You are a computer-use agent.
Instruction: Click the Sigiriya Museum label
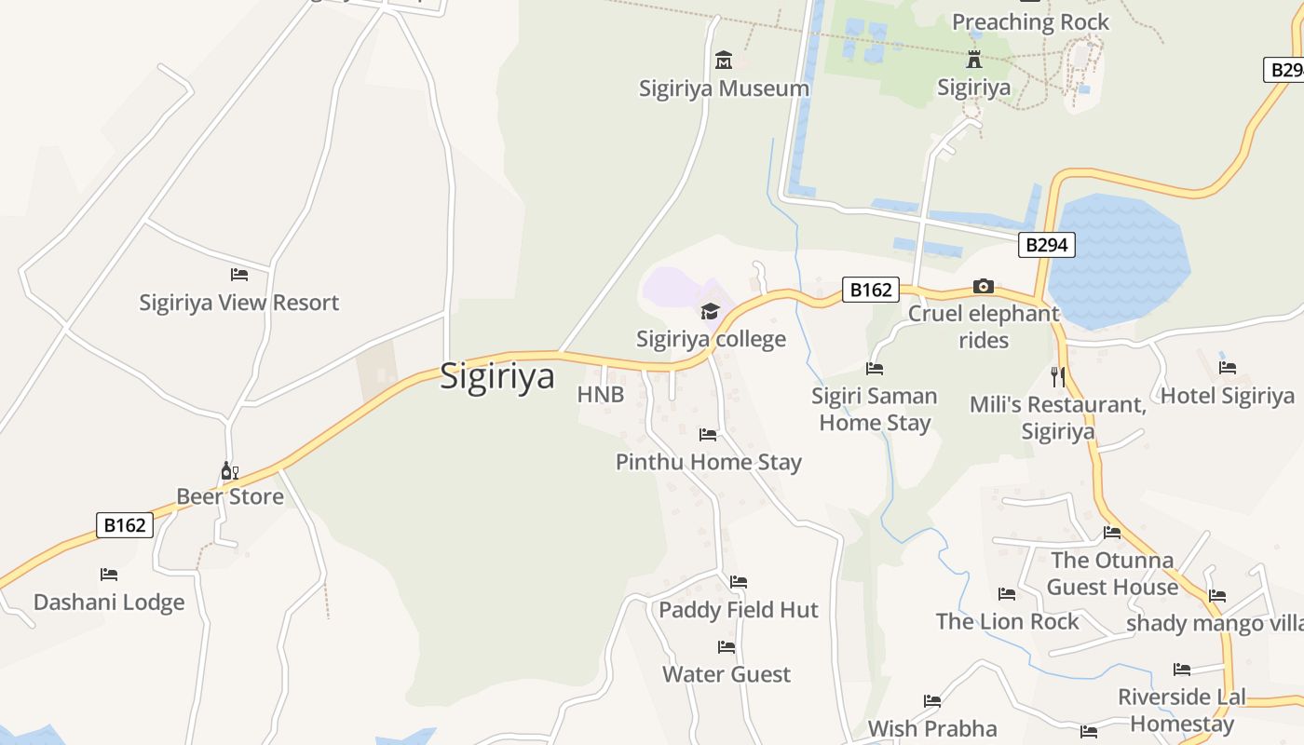(724, 88)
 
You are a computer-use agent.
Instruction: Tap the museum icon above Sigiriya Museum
(724, 61)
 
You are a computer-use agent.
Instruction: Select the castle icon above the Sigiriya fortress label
(974, 60)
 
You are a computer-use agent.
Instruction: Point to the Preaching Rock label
(1030, 22)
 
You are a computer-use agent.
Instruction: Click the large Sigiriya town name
(497, 376)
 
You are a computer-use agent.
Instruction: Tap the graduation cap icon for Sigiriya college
(711, 311)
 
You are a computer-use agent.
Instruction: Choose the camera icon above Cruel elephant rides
(984, 286)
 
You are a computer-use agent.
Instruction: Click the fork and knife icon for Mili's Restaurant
(1057, 376)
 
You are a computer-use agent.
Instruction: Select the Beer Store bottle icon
(230, 470)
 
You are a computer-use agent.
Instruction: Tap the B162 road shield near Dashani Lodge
(124, 525)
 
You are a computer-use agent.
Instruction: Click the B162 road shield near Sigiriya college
(870, 290)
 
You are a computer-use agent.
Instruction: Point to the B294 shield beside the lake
(1046, 245)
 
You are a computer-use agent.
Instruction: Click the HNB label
(601, 395)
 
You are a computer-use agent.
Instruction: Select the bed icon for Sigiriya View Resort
(239, 275)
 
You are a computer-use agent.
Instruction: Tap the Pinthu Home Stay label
(708, 462)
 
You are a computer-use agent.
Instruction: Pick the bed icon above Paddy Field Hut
(739, 582)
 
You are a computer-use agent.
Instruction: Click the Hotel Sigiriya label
(1227, 396)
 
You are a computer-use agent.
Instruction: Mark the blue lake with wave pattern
(1118, 261)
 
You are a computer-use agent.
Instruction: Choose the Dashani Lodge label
(109, 603)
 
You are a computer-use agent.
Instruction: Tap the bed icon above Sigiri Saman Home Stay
(874, 369)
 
